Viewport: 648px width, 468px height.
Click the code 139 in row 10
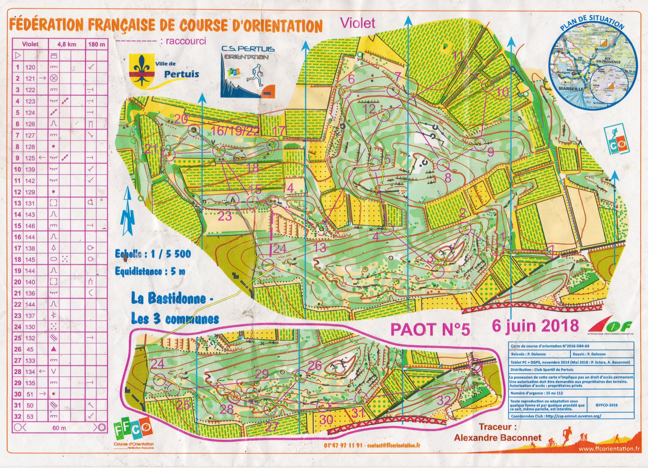coord(30,169)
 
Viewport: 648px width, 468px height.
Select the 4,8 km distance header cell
coord(67,44)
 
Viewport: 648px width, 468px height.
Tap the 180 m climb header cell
coord(97,44)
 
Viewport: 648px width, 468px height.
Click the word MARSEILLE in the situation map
coord(571,88)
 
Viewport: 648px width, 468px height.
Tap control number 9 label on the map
coord(491,152)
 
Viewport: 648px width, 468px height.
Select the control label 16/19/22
coord(235,131)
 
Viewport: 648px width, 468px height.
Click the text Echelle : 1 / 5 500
coord(153,254)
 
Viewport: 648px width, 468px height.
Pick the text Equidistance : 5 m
coord(150,271)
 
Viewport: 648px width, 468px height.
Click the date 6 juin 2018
coord(535,326)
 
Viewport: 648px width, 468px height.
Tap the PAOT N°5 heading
coord(430,329)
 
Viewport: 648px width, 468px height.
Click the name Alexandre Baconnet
coord(498,437)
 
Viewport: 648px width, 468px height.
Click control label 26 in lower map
coord(315,365)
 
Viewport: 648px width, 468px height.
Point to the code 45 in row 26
coord(30,349)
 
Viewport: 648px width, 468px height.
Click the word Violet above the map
coord(358,23)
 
